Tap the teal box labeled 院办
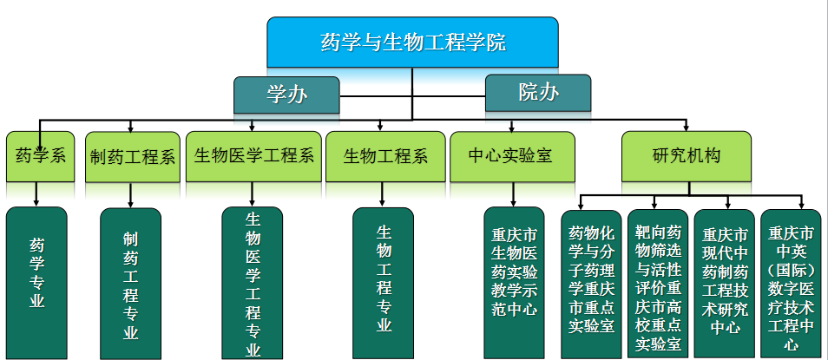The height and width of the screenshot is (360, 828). pyautogui.click(x=537, y=92)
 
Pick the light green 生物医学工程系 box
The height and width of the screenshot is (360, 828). pyautogui.click(x=253, y=156)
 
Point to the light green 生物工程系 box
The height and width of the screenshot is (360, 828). pyautogui.click(x=385, y=156)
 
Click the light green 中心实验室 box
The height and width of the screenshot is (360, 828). pyautogui.click(x=511, y=156)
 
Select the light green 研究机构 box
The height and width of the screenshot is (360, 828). pyautogui.click(x=686, y=156)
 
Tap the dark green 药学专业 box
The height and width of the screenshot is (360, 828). pyautogui.click(x=36, y=282)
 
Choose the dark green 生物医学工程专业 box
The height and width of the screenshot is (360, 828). pyautogui.click(x=253, y=283)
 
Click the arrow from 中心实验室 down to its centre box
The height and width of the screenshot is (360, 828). pyautogui.click(x=512, y=194)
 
